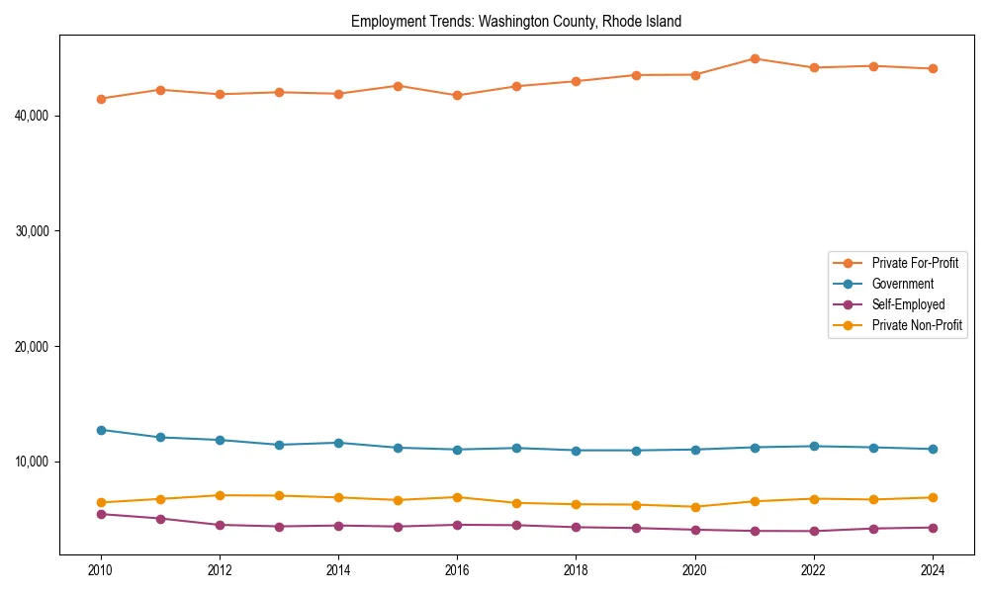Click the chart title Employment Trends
(x=515, y=22)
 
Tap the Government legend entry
(x=902, y=284)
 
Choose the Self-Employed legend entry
(x=908, y=304)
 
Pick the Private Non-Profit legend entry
(x=917, y=325)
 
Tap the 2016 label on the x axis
(x=457, y=570)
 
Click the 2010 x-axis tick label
(x=101, y=570)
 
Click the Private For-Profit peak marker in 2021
(x=755, y=58)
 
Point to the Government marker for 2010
(x=101, y=430)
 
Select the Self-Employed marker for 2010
(x=101, y=514)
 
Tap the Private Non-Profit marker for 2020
(x=695, y=507)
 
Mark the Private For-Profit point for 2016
(x=457, y=95)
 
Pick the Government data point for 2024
(x=933, y=449)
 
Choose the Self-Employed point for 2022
(x=814, y=531)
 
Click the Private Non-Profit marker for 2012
(x=220, y=495)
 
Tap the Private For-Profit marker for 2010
(x=101, y=99)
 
